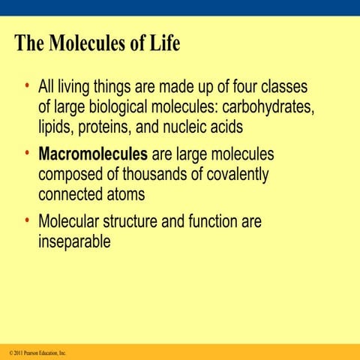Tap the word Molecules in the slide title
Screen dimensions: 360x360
click(89, 43)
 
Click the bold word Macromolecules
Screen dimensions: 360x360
click(93, 155)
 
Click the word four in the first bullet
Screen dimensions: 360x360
click(244, 88)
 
